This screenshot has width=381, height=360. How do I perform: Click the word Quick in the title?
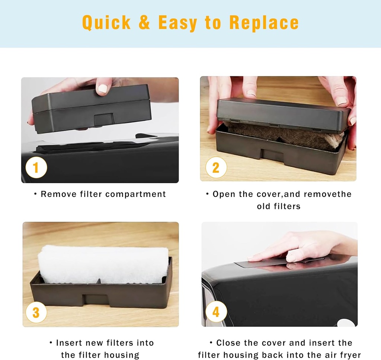(106, 23)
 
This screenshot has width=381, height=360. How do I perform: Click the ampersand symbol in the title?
(144, 23)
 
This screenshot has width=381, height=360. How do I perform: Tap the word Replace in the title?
(264, 23)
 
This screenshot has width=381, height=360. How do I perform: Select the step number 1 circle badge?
(36, 168)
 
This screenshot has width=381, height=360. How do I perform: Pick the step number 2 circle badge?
(216, 168)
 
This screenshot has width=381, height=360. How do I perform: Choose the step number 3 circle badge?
(36, 312)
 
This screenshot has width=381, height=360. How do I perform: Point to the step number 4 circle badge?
(216, 312)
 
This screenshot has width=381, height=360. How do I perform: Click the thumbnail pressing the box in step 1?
(103, 89)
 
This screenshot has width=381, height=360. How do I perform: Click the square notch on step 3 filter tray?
(95, 299)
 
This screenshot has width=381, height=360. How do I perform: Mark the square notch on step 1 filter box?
(104, 119)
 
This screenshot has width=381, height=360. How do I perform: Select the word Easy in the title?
(178, 23)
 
